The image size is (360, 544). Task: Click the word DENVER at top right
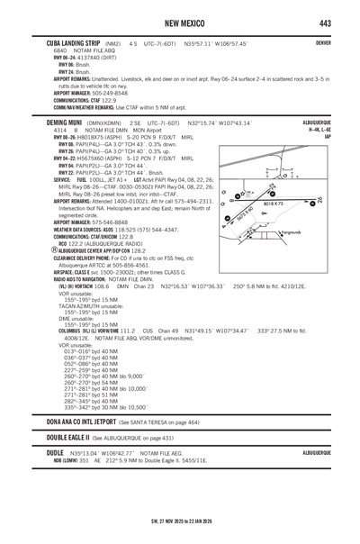[323, 42]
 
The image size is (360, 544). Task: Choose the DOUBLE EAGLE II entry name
[61, 437]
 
